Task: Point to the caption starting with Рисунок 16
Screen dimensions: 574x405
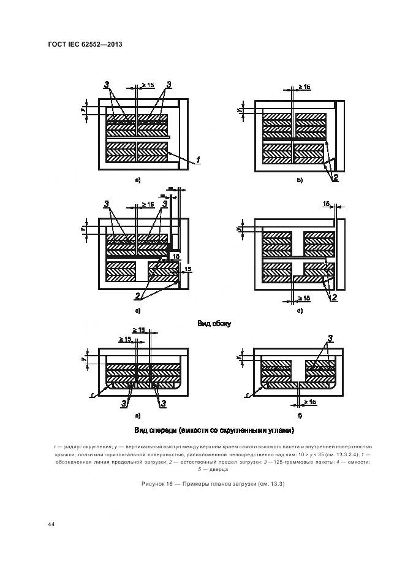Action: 214,484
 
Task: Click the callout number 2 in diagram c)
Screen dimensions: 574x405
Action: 137,297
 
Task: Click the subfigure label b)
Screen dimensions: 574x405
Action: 300,180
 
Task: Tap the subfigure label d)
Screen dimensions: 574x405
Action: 300,311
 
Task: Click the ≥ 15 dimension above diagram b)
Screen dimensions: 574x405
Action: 304,87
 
